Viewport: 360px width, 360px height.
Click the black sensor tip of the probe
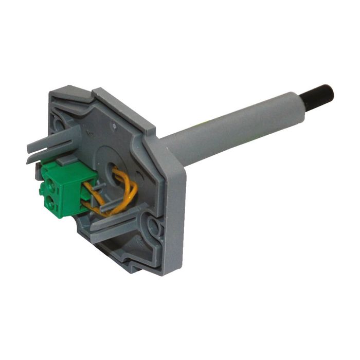[x=321, y=94]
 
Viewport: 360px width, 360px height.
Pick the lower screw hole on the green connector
[x=52, y=201]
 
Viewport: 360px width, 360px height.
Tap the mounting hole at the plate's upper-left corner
[x=60, y=123]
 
